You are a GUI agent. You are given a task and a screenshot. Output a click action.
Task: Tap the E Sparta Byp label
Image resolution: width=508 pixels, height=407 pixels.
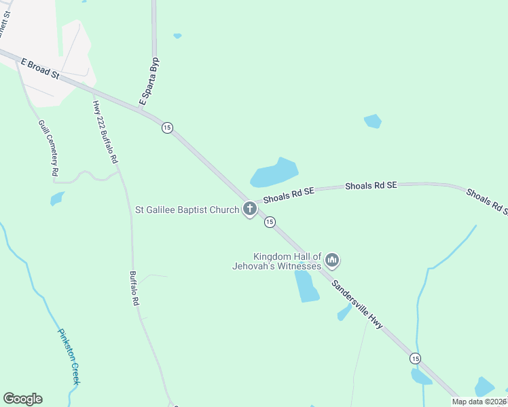coord(149,81)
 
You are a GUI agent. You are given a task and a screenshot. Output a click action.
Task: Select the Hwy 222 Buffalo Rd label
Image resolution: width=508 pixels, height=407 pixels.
coord(105,132)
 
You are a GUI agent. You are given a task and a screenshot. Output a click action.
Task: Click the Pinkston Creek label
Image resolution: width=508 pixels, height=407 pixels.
coord(70,357)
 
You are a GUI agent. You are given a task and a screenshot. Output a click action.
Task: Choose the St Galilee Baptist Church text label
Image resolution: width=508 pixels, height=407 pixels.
coord(187,210)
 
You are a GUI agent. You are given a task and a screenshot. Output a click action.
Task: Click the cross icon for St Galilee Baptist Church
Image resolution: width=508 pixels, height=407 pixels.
coord(250,209)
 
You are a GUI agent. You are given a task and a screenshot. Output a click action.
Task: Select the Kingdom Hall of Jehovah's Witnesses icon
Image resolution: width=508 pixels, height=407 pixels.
coord(332,260)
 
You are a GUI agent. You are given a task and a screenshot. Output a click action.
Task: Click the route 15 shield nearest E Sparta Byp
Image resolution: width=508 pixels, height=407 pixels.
coord(167,128)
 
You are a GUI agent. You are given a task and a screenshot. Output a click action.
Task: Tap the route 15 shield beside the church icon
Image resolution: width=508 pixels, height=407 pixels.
coord(270,222)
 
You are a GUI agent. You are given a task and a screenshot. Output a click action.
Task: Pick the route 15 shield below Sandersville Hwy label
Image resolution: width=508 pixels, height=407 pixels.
coord(415,357)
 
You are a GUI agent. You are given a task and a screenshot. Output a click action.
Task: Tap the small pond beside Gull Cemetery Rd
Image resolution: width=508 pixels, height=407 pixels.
coord(56,199)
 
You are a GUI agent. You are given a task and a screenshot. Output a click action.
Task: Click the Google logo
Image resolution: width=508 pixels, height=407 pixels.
coord(22,399)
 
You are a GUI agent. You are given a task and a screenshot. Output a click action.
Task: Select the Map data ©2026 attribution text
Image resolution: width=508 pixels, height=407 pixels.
coord(479,402)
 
